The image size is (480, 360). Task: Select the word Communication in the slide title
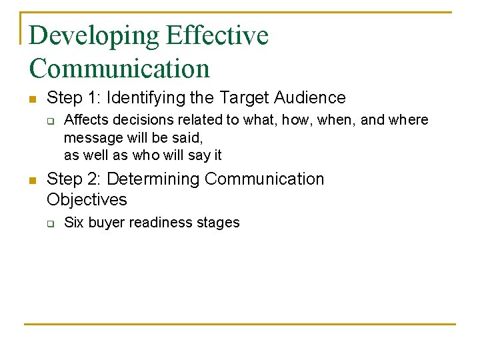(119, 69)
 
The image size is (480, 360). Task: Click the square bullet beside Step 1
(33, 99)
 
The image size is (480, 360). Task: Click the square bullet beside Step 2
(33, 181)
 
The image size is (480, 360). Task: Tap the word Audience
(309, 98)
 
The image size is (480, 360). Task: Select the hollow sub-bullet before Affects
(49, 121)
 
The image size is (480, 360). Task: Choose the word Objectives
(87, 199)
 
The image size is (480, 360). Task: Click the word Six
(74, 223)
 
